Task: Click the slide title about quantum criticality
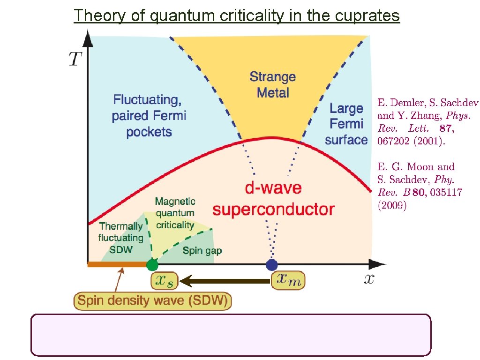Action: coord(237,15)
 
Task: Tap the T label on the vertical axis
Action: coord(75,59)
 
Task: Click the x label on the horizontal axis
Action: coord(369,279)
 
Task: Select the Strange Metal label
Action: coord(272,84)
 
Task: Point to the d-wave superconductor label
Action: coord(273,199)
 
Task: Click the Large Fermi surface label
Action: coord(346,124)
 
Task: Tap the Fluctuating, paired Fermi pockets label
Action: coord(149,115)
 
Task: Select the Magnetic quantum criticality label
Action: coord(175,213)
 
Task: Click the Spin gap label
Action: coord(202,250)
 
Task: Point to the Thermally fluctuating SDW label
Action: coord(120,238)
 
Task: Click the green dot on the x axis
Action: coord(152,265)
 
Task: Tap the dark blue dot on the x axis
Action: coord(272,265)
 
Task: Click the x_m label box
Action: coord(288,280)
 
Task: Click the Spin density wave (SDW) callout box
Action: coord(153,300)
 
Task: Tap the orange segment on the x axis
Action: coord(117,265)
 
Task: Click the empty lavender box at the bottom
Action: coord(231,335)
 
